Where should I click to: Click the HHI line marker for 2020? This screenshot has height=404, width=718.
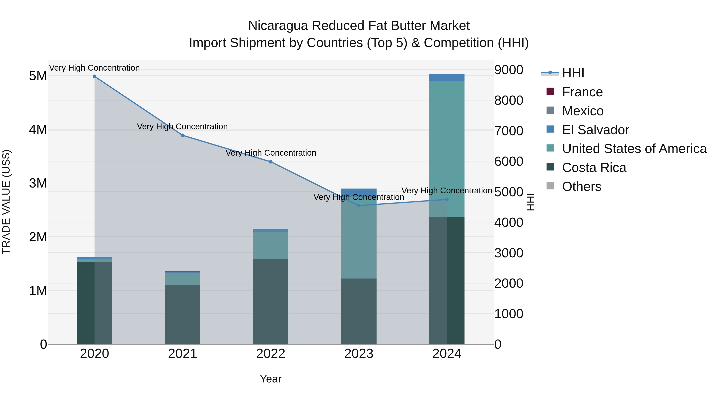coord(95,76)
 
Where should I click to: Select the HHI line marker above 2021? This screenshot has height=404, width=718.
coord(182,135)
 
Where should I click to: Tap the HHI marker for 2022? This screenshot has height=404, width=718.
coord(271,162)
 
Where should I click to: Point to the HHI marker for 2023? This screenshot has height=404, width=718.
coord(359,206)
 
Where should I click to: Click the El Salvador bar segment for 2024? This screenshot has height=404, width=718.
coord(447,78)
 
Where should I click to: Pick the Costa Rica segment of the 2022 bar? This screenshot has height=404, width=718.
coord(271,301)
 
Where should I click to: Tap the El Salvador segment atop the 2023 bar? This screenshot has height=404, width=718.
coord(359,192)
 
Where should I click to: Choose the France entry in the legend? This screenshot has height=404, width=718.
coord(582,92)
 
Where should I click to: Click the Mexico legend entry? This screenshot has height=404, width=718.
coord(583,111)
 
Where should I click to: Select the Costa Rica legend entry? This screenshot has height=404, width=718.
coord(594,168)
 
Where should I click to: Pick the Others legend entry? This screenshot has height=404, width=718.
coord(581,187)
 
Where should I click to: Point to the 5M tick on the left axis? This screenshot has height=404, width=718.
coord(38,76)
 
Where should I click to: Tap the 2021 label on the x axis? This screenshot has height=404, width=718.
coord(182,354)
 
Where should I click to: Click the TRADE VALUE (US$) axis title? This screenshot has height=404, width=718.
coord(6,202)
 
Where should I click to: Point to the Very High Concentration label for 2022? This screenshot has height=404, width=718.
coord(271,153)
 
